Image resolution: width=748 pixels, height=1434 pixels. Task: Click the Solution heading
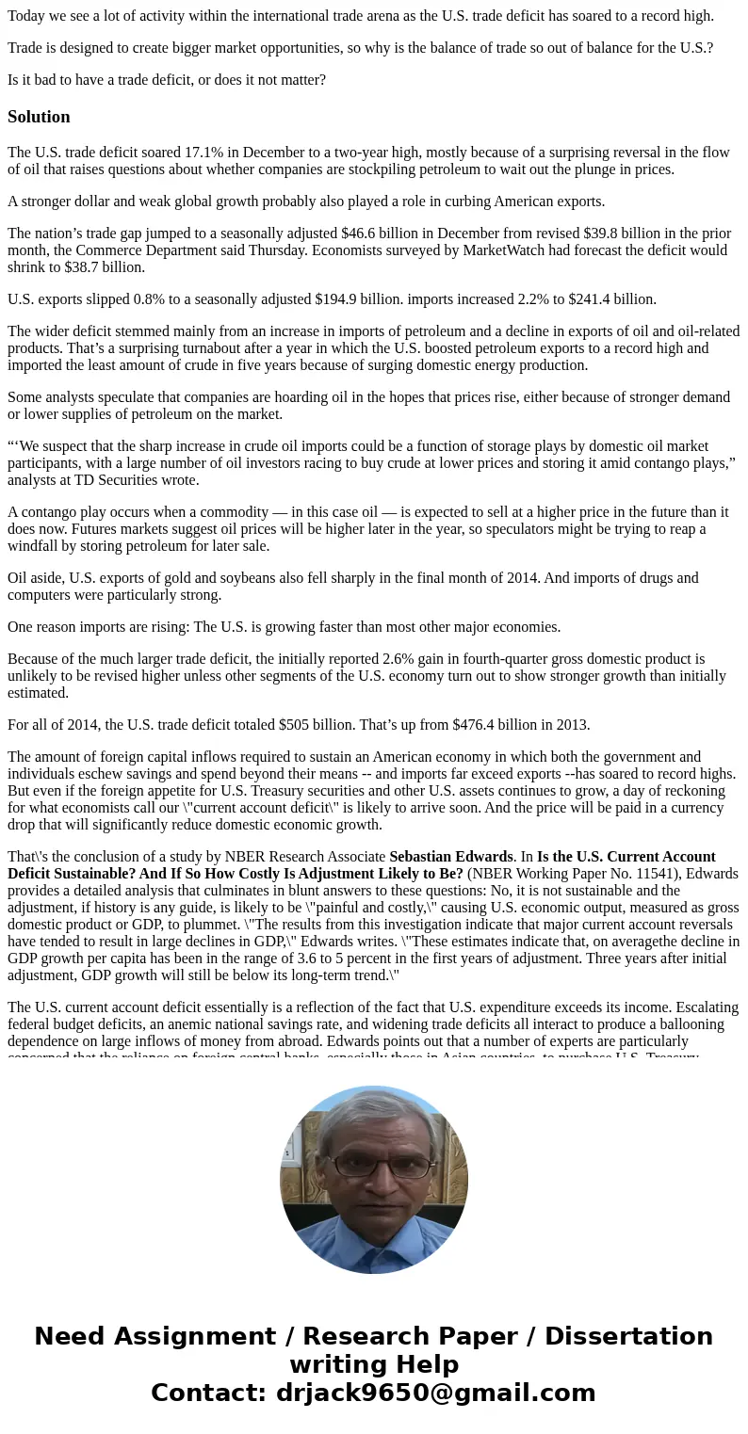39,117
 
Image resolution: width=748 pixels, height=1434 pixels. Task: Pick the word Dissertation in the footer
628,1336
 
